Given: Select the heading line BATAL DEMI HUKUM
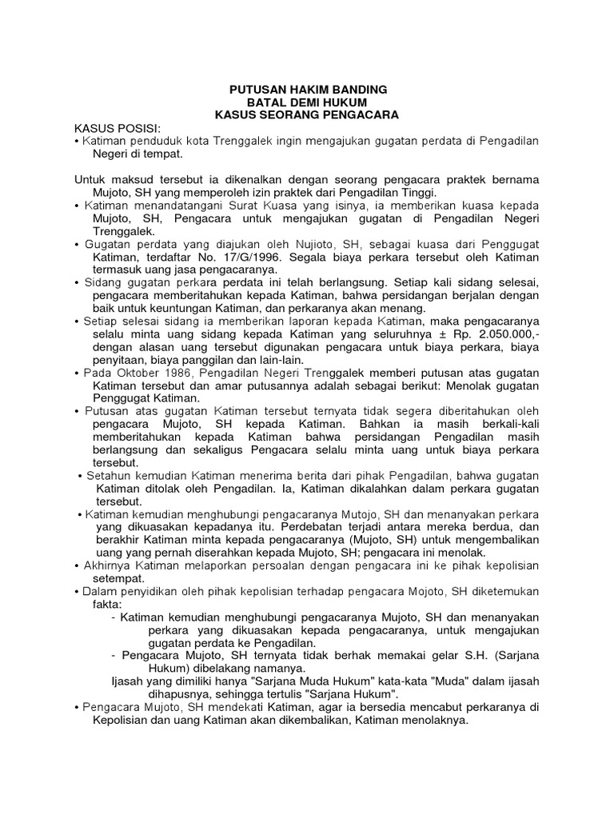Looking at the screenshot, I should point(308,102).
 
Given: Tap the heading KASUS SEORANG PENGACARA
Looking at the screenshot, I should point(308,115).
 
